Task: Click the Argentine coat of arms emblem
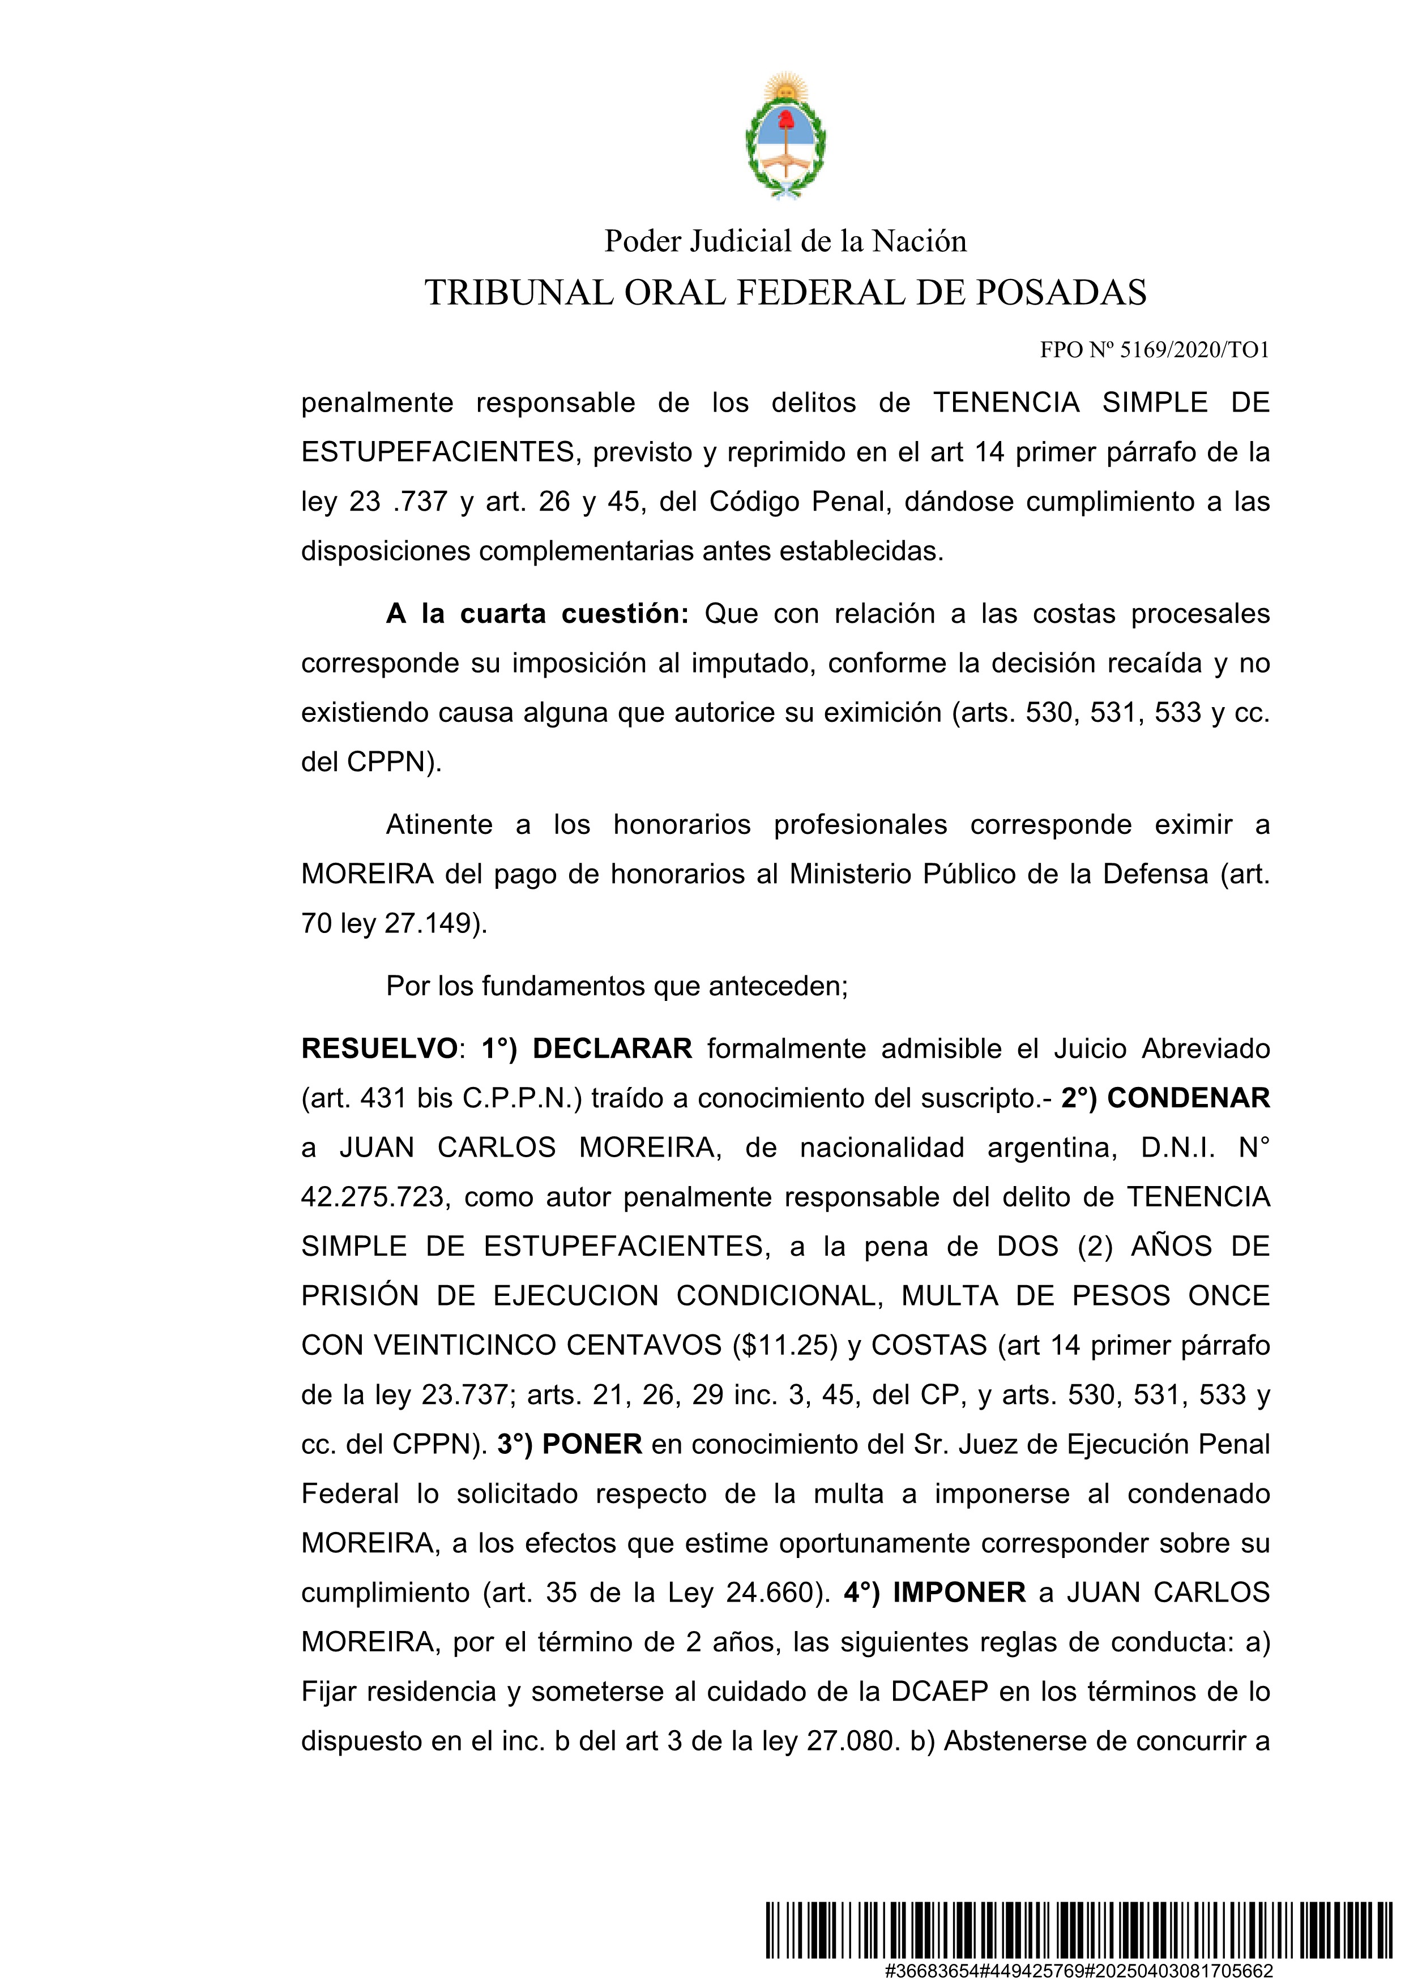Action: (x=785, y=136)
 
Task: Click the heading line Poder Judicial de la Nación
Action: (x=785, y=241)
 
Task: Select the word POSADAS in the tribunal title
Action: (x=1061, y=293)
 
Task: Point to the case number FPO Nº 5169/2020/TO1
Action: (x=1154, y=350)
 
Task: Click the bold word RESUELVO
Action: (x=379, y=1049)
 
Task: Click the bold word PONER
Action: (x=592, y=1445)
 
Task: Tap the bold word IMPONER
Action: (x=959, y=1593)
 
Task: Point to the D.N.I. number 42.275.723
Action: (x=373, y=1197)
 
